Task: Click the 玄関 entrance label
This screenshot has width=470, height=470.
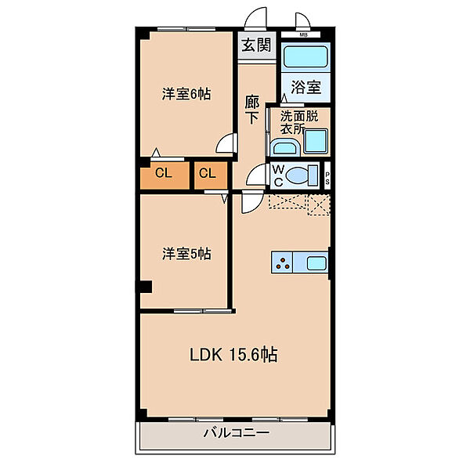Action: pos(256,45)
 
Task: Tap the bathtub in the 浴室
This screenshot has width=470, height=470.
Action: pos(305,56)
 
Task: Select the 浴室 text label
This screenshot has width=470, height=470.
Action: pos(305,87)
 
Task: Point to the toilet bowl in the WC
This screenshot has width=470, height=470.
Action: pos(297,175)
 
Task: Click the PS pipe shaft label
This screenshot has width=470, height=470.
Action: pos(327,178)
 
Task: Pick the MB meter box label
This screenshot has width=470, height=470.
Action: pos(304,34)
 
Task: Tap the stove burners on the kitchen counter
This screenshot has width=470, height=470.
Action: pos(282,262)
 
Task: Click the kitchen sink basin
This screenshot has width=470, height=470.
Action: pos(316,263)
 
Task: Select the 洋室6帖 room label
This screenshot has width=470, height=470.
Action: pos(186,94)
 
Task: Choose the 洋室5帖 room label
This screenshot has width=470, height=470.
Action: pos(186,254)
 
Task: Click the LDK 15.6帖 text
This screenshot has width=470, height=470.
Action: pos(233,355)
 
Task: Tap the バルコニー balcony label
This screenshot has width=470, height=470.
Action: pos(237,432)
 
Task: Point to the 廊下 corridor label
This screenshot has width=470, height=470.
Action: pos(251,110)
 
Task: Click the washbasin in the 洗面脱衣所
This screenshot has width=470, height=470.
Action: pos(285,148)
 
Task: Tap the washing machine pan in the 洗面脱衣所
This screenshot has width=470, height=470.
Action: pos(316,141)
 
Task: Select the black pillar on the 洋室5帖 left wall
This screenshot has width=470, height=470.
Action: pos(144,287)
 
